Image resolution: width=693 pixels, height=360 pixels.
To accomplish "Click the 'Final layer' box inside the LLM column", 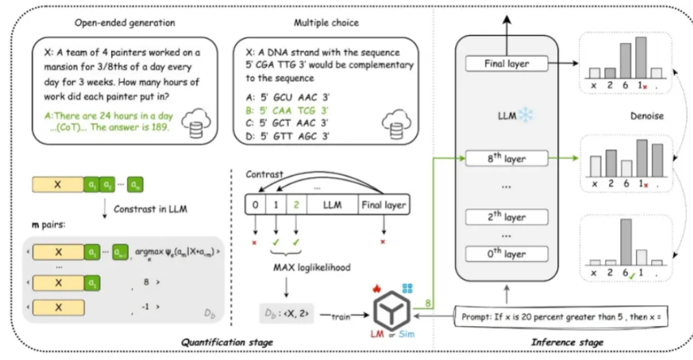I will [x=505, y=64].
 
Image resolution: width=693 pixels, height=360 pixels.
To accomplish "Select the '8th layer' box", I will [x=505, y=158].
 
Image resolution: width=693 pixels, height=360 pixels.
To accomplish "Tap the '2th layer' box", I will [x=505, y=217].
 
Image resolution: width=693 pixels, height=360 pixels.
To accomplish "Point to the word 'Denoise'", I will [x=646, y=116].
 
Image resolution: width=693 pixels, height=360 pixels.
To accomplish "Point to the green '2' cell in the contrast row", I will [x=296, y=204].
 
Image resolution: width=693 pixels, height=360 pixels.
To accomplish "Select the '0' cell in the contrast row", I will [x=255, y=204].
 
